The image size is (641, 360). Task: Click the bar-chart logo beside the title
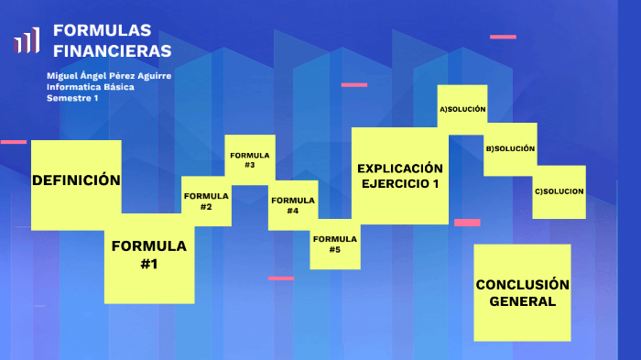click(x=27, y=40)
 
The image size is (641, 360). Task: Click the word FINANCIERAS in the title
click(x=112, y=50)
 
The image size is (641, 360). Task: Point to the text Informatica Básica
click(x=90, y=87)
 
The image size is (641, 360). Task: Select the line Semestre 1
click(x=72, y=98)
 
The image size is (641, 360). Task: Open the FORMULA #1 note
click(x=149, y=256)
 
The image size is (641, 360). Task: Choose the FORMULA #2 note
click(x=206, y=202)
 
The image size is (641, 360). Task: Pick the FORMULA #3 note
click(x=250, y=160)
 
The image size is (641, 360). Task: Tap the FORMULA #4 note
click(x=293, y=205)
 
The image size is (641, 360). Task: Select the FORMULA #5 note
click(x=334, y=244)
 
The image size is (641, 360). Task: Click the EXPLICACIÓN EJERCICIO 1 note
click(x=400, y=176)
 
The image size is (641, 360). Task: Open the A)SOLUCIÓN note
click(x=462, y=110)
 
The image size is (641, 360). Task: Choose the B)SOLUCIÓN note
click(x=510, y=148)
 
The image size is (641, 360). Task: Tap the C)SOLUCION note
click(x=559, y=191)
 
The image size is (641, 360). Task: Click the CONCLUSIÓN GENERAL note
click(x=522, y=292)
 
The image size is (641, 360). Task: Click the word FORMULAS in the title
click(x=103, y=30)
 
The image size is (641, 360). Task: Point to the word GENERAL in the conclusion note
click(x=522, y=301)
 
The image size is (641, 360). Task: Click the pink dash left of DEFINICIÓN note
click(x=14, y=142)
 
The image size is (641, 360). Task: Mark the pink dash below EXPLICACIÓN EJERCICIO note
click(x=467, y=223)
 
